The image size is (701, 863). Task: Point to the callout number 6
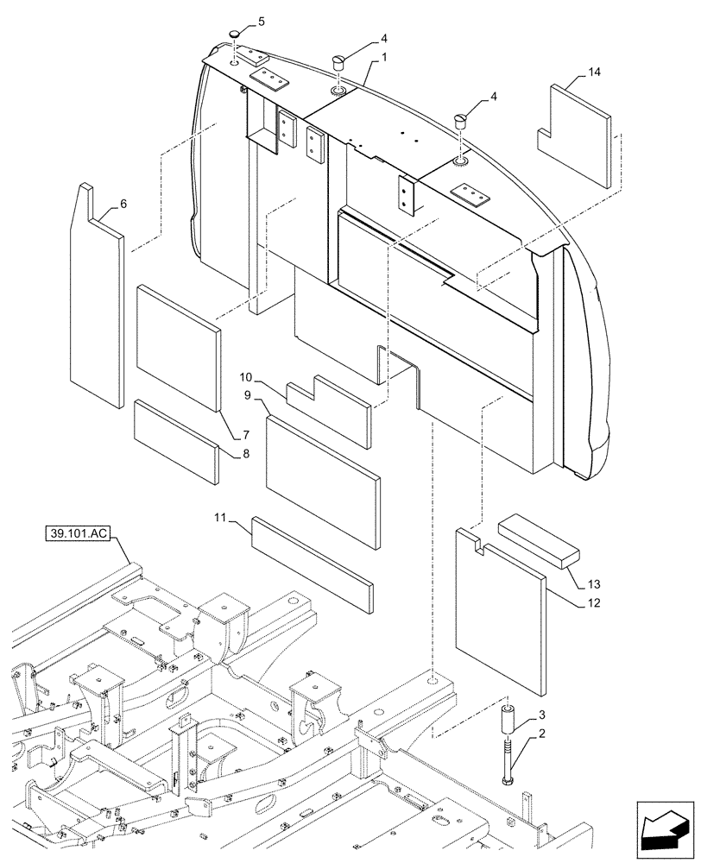pyautogui.click(x=123, y=204)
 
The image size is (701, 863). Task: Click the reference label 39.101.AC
pyautogui.click(x=78, y=534)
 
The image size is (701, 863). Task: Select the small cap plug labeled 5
pyautogui.click(x=234, y=35)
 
